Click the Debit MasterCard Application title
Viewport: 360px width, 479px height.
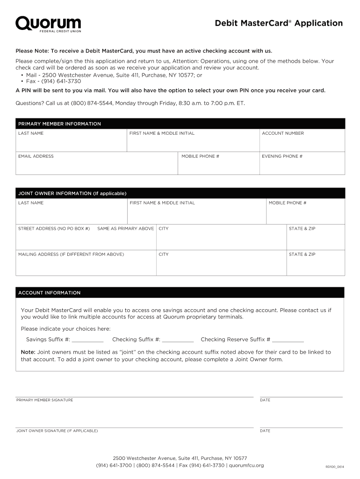point(279,23)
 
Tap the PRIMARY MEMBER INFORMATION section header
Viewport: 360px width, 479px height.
point(59,124)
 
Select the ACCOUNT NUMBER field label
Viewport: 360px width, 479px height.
point(282,133)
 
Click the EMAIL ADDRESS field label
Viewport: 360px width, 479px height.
point(36,156)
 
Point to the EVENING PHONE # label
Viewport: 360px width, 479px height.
point(282,156)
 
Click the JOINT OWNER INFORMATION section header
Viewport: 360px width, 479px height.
point(72,193)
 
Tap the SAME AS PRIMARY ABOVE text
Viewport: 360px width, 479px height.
point(125,229)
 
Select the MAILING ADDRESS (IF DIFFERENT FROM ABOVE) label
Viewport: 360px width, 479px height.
point(71,254)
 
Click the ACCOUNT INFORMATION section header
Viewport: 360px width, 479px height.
point(49,293)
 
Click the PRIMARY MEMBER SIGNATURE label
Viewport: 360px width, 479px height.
point(44,400)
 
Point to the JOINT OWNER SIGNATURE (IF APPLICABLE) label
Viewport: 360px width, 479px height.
point(57,430)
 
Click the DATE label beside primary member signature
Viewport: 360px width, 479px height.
point(265,400)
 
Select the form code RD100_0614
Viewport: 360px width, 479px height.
point(335,467)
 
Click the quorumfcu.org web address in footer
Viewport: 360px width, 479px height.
point(246,465)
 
